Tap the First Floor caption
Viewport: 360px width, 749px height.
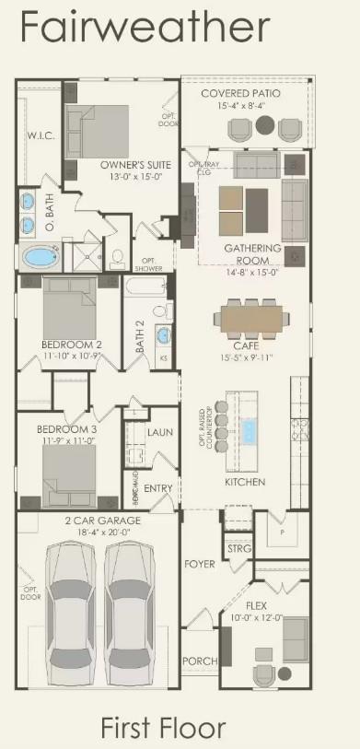tap(163, 728)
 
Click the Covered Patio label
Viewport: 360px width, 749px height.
tap(241, 94)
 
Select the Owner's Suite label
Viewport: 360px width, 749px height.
tap(132, 166)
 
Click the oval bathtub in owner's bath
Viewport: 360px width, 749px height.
tap(39, 256)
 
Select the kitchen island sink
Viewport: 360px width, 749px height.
tap(249, 429)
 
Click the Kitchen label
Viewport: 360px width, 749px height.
tap(245, 482)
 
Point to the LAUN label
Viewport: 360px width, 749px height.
tap(160, 431)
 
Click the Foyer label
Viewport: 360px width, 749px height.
tap(199, 564)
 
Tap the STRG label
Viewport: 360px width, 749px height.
tap(238, 548)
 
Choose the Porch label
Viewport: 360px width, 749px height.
tap(198, 661)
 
